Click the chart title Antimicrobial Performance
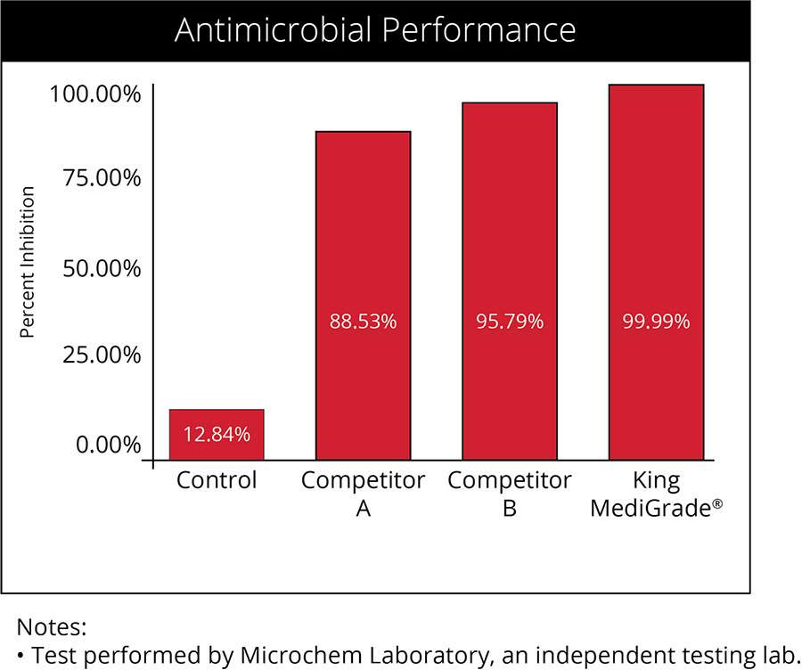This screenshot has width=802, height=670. point(375,30)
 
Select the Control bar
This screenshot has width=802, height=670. point(217,434)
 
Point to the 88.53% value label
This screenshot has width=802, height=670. point(363,322)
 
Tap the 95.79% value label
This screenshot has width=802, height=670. point(509,322)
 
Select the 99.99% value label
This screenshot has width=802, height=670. point(656,322)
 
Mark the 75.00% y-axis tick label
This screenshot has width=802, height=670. point(102,178)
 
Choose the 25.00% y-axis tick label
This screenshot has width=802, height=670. point(102,355)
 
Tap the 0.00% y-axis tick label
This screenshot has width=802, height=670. point(108,444)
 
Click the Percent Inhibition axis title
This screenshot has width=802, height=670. point(28,262)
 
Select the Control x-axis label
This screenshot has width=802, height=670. point(217,481)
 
